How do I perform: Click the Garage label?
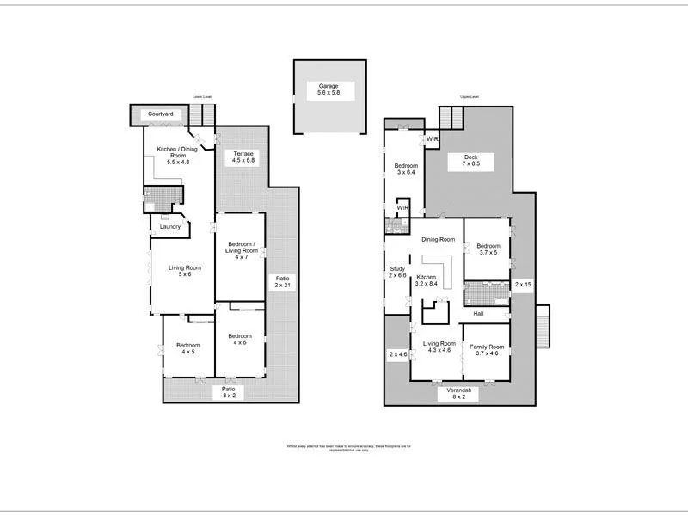click(328, 90)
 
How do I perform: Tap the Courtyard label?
click(162, 114)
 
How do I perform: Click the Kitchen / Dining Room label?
click(178, 155)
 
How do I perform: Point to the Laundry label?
click(169, 227)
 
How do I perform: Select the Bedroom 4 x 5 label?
click(188, 348)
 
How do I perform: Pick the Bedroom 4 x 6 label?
click(239, 339)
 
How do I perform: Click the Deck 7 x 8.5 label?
click(470, 160)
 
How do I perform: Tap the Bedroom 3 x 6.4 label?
click(406, 169)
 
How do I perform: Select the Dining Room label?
click(438, 240)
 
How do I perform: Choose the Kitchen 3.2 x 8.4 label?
click(427, 279)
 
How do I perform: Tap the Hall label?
click(479, 314)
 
